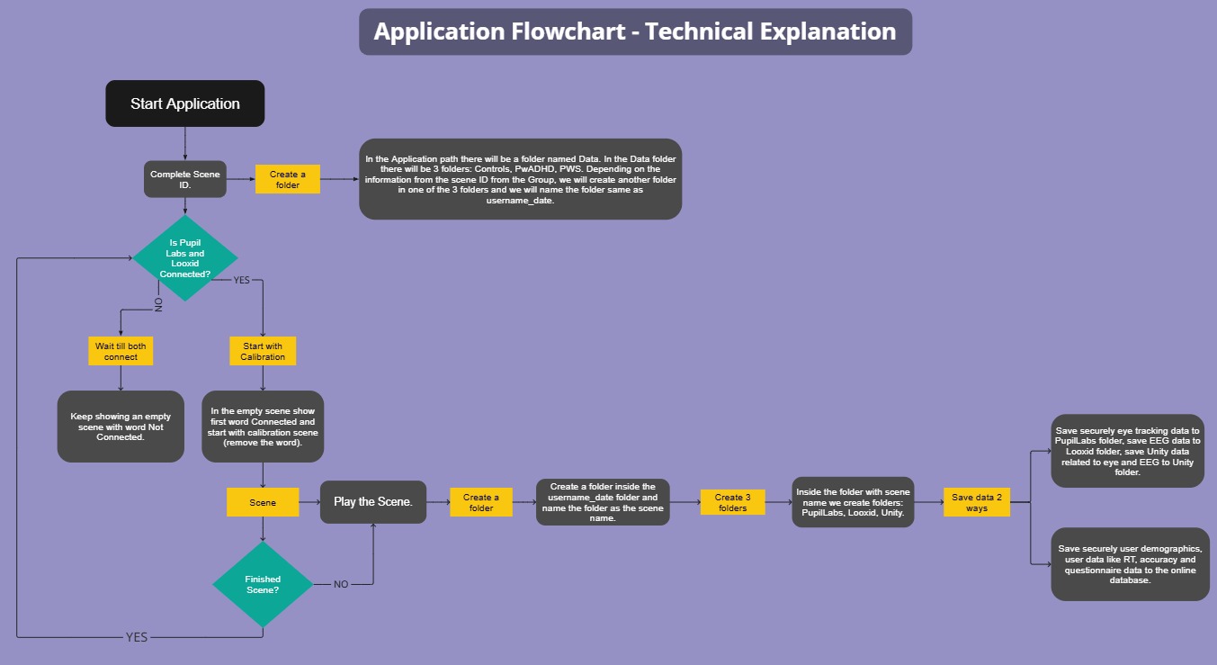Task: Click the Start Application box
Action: tap(185, 103)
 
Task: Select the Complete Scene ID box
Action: tap(184, 179)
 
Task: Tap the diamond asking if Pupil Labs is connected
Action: tap(185, 258)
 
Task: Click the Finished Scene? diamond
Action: tap(263, 585)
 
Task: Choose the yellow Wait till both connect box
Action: tap(121, 351)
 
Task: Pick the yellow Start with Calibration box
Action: tap(263, 351)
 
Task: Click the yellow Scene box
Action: tap(263, 502)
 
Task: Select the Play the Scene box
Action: tap(372, 502)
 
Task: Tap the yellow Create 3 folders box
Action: tap(732, 502)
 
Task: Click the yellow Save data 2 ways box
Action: tap(977, 502)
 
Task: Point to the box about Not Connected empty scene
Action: tap(121, 427)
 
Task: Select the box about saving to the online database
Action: tap(1130, 564)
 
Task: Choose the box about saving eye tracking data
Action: tap(1127, 452)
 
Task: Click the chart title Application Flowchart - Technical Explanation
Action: tap(635, 32)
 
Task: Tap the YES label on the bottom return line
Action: tap(137, 637)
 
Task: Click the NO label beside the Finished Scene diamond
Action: tap(341, 584)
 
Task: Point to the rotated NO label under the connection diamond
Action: tap(159, 305)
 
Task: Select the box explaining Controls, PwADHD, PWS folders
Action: tap(520, 179)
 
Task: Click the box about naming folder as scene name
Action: tap(603, 502)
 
